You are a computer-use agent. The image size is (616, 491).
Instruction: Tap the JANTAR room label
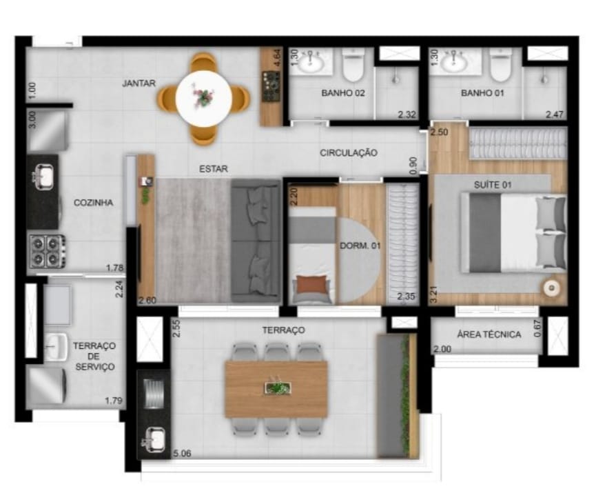click(x=138, y=83)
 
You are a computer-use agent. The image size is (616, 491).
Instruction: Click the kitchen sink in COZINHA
click(x=43, y=178)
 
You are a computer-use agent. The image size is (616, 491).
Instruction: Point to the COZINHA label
click(x=94, y=203)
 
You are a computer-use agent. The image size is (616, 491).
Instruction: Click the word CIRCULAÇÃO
click(x=348, y=152)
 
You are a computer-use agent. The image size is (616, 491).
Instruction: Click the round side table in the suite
click(x=551, y=288)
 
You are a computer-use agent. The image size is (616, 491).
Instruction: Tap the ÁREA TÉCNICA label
click(x=489, y=334)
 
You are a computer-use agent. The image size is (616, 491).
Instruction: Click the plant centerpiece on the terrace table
click(x=277, y=388)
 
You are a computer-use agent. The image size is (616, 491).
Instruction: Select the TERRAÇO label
click(x=283, y=330)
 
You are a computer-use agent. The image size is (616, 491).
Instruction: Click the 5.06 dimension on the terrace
click(x=183, y=453)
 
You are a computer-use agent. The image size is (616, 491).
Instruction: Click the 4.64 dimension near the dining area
click(x=277, y=57)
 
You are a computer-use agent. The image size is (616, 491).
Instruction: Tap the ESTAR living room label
click(x=214, y=168)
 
